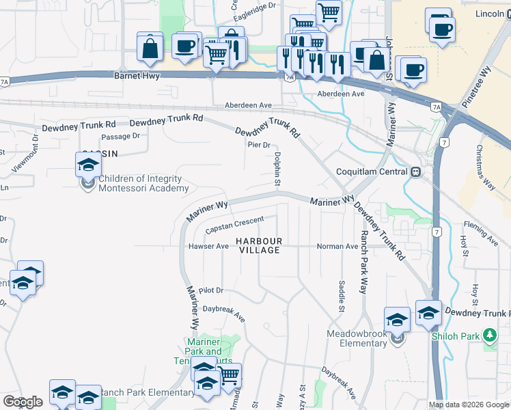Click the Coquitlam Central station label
pos(372,172)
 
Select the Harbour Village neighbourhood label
pos(258,246)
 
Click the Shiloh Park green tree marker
pos(489,336)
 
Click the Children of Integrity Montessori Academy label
pos(143,184)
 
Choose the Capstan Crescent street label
pos(234,224)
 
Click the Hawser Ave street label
pos(208,246)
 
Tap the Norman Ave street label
pos(337,246)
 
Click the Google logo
pos(22,402)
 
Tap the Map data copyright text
pos(469,405)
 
